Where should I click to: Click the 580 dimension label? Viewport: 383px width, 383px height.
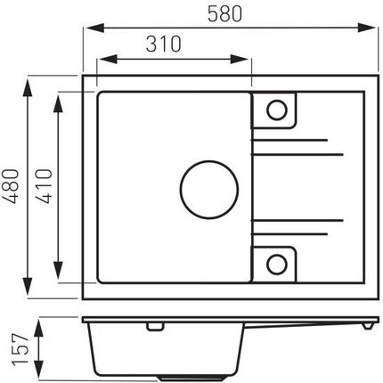click(x=224, y=14)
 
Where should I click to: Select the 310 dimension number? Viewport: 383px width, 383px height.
click(x=163, y=45)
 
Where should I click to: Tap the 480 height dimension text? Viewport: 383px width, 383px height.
click(x=12, y=186)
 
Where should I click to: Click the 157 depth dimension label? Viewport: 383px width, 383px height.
click(x=20, y=349)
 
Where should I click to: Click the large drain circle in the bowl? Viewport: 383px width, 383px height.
click(x=209, y=161)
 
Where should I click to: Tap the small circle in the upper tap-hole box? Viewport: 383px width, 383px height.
click(x=277, y=101)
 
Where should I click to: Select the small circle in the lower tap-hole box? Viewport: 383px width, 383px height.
click(x=277, y=255)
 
